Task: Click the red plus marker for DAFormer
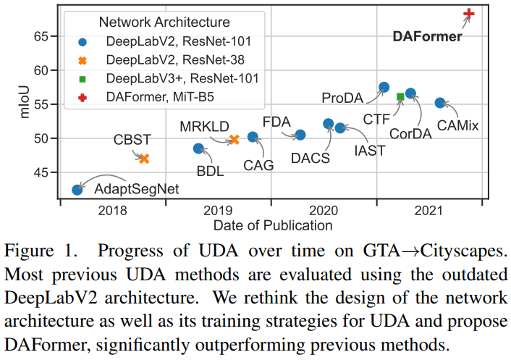pyautogui.click(x=469, y=14)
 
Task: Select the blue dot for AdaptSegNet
pyautogui.click(x=77, y=190)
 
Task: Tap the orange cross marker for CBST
pyautogui.click(x=144, y=159)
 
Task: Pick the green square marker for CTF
pyautogui.click(x=401, y=96)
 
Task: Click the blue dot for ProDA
pyautogui.click(x=384, y=88)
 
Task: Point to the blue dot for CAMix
pyautogui.click(x=439, y=103)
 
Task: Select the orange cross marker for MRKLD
pyautogui.click(x=234, y=140)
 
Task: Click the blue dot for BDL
pyautogui.click(x=198, y=148)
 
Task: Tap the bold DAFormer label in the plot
pyautogui.click(x=427, y=35)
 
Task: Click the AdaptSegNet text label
pyautogui.click(x=137, y=190)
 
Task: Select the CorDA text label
pyautogui.click(x=411, y=133)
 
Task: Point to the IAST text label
pyautogui.click(x=370, y=150)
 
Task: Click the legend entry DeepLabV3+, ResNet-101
pyautogui.click(x=182, y=77)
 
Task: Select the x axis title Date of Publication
pyautogui.click(x=273, y=225)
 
